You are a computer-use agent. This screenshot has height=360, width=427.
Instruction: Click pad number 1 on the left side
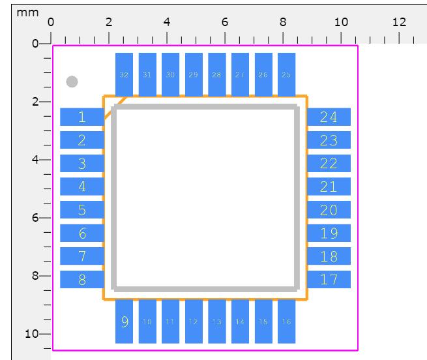tap(82, 117)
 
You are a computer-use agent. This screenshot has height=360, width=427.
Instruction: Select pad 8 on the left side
tap(82, 280)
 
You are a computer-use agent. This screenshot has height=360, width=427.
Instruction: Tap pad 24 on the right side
tap(329, 117)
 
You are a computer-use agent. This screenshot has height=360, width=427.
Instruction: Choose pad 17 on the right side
tap(329, 280)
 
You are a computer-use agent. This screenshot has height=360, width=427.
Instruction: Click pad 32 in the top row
tap(124, 74)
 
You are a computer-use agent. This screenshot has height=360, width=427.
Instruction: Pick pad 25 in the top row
tap(286, 74)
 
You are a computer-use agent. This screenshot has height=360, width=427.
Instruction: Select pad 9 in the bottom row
tap(124, 322)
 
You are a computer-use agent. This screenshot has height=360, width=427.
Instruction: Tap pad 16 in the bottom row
tap(286, 322)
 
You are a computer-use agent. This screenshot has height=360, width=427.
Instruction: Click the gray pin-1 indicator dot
tap(72, 82)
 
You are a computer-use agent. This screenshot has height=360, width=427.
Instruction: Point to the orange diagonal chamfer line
tap(115, 109)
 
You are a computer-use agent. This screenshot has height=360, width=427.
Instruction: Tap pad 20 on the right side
tap(329, 210)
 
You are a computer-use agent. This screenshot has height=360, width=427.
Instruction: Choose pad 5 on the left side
tap(82, 210)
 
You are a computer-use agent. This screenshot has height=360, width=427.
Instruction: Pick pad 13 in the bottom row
tap(216, 322)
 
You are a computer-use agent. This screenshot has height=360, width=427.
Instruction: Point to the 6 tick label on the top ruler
tap(225, 22)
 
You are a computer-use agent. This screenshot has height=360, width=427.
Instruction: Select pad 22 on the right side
tap(329, 164)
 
